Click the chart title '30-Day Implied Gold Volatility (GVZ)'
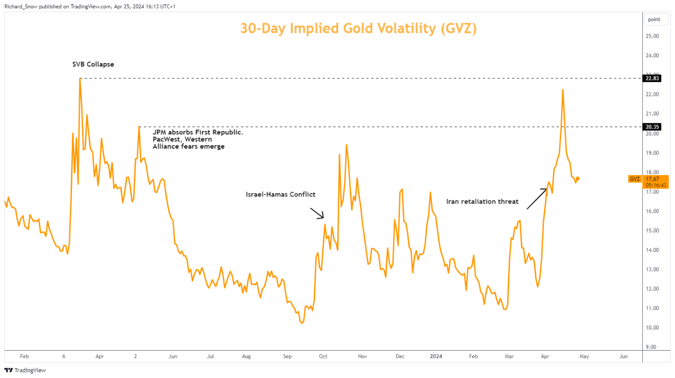click(358, 28)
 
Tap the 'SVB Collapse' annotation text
click(93, 64)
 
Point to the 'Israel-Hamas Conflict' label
click(280, 194)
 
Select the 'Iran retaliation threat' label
click(482, 201)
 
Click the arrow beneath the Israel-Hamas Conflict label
click(317, 213)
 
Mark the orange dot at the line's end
click(578, 178)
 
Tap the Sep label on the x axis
click(287, 356)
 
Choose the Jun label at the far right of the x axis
click(624, 356)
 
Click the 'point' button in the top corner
click(654, 20)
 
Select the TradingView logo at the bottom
click(25, 370)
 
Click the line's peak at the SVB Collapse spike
click(80, 78)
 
